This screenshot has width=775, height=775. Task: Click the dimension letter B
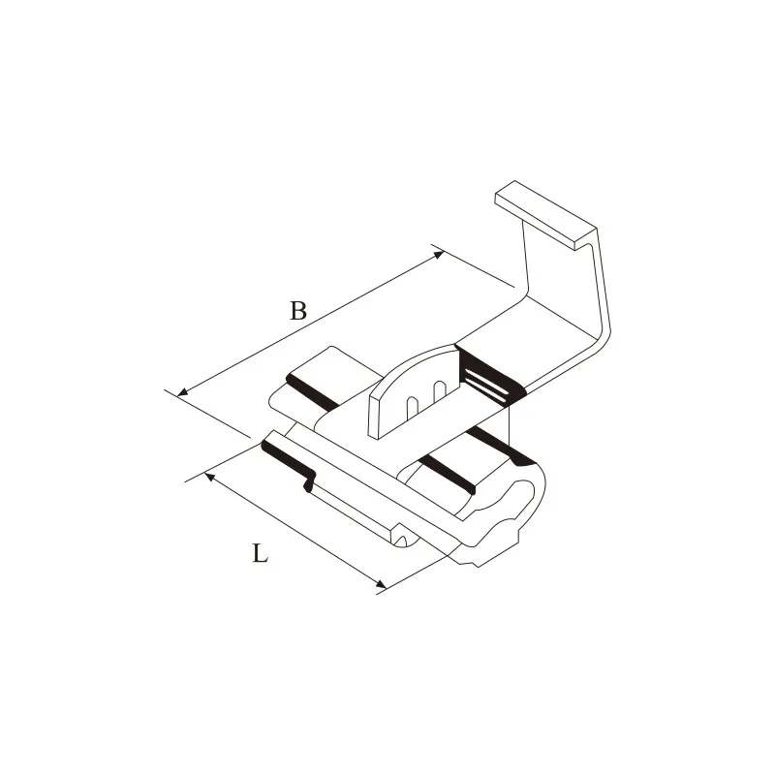tap(298, 311)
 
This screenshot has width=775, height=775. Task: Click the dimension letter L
tap(260, 553)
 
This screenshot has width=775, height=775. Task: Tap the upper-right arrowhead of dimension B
tap(439, 255)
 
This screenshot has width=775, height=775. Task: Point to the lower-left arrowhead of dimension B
tap(182, 392)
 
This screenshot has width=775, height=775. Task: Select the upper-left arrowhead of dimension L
tap(209, 477)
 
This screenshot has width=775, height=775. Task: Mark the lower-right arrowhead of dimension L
tap(381, 584)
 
